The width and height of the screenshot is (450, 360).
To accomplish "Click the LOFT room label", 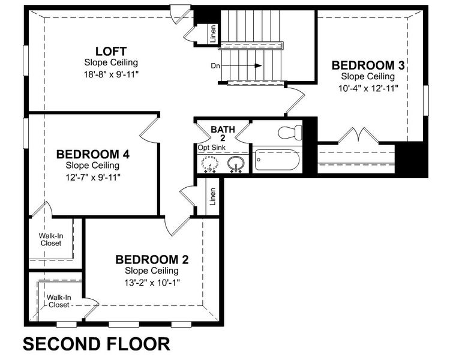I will point(111,50).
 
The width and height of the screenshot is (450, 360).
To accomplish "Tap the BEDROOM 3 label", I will point(368,65).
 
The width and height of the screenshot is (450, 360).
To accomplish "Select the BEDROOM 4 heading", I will point(92,154).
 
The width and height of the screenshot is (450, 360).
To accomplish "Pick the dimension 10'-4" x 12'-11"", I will point(368,88).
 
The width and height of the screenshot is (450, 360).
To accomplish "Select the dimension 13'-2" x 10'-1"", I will point(152,282).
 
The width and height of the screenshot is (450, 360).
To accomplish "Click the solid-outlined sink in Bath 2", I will point(236,163).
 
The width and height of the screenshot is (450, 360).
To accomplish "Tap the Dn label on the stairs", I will point(216,65).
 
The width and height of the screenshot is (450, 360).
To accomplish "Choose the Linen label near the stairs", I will point(213,34).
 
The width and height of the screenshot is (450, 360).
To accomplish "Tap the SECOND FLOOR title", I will point(97,344).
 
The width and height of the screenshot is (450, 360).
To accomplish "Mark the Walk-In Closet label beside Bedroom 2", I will point(59,301).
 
